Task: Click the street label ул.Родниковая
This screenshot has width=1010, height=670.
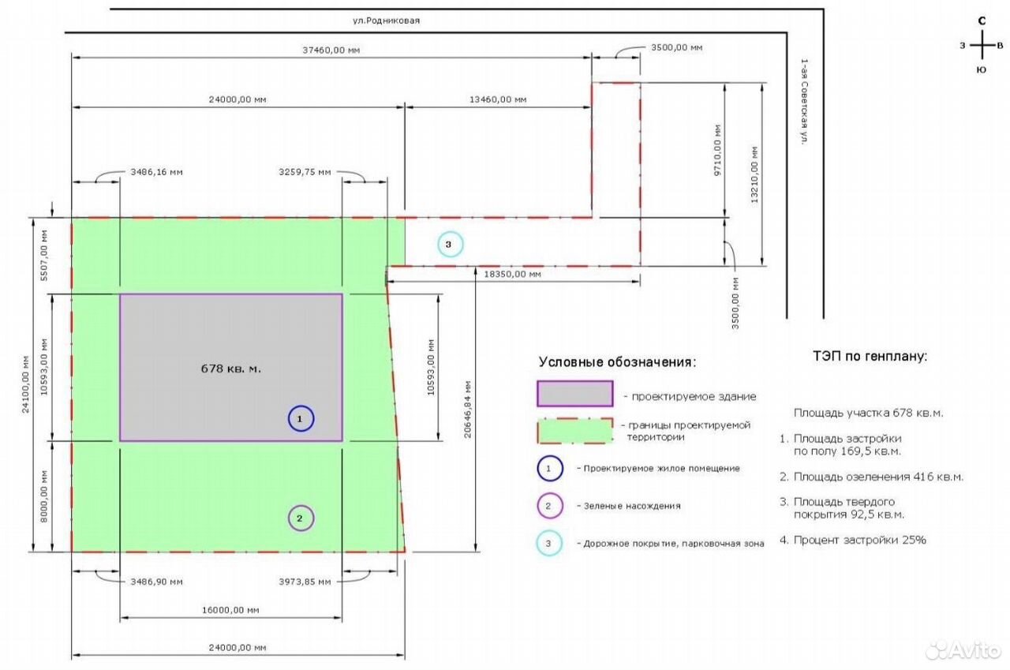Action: (x=386, y=21)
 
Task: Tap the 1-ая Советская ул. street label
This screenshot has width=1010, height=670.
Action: (x=804, y=102)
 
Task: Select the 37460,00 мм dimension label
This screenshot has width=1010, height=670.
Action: (x=331, y=50)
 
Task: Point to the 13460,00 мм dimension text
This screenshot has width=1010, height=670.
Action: (x=498, y=99)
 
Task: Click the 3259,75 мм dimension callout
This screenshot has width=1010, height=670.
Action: (x=305, y=172)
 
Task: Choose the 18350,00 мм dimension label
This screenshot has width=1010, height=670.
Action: (x=512, y=274)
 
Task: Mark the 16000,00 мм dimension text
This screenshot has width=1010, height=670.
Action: (x=230, y=610)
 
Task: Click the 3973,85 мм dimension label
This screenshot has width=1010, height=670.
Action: (x=305, y=582)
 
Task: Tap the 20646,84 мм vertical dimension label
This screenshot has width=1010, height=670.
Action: (x=468, y=410)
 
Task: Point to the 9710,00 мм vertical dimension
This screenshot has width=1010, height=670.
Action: (x=717, y=150)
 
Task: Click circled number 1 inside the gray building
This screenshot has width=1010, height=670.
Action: (x=301, y=419)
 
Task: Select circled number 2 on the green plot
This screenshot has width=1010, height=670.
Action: (x=301, y=518)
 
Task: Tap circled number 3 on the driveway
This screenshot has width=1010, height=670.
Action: (x=450, y=245)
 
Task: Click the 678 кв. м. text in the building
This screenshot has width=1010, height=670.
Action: (x=231, y=369)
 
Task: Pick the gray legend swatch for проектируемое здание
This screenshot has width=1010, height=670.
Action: (x=575, y=394)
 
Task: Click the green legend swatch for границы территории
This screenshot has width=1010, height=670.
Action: (x=575, y=431)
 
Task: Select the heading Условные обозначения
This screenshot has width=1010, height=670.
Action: (x=617, y=362)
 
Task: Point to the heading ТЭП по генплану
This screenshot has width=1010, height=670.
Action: (x=870, y=356)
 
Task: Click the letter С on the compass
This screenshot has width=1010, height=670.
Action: (x=982, y=21)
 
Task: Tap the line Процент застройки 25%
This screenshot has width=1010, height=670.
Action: (x=853, y=540)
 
